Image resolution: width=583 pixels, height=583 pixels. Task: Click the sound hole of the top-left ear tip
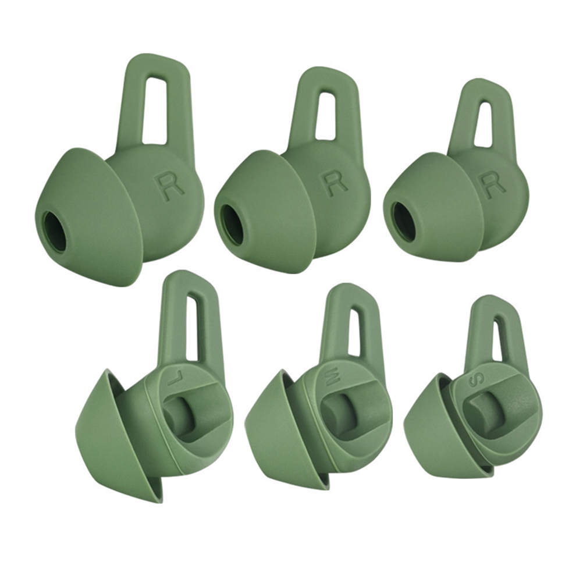click(54, 229)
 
